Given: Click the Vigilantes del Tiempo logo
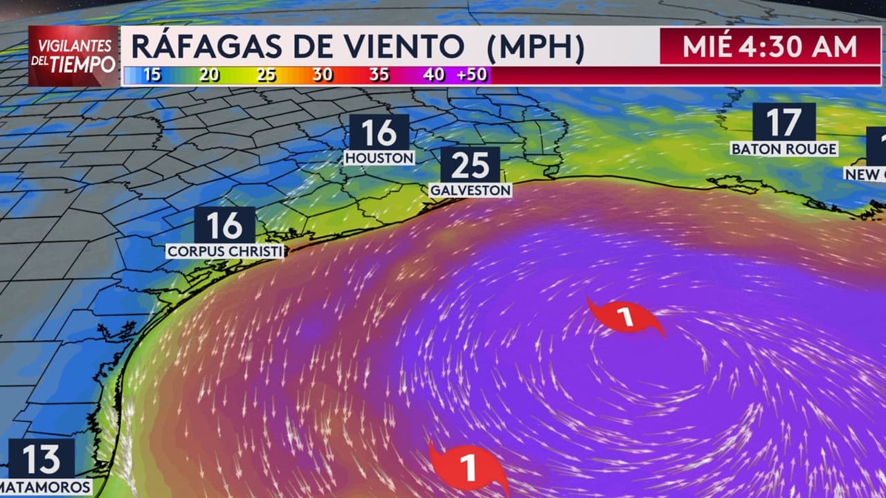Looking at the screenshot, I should click(74, 56).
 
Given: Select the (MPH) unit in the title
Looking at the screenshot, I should click(535, 47).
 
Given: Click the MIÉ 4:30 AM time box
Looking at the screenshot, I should click(769, 46).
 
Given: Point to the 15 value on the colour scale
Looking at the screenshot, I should click(152, 75).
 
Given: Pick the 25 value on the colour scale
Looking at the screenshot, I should click(266, 75).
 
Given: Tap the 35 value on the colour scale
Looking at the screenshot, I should click(379, 75).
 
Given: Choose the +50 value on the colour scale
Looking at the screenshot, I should click(472, 75).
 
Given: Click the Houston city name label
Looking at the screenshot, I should click(379, 158).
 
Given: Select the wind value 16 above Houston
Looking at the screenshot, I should click(379, 132).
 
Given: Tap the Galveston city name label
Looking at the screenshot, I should click(471, 190).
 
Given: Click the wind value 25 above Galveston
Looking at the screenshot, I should click(470, 165).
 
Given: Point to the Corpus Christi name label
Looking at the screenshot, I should click(225, 251).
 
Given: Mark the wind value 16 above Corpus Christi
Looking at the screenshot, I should click(224, 225).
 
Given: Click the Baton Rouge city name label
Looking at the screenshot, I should click(784, 149).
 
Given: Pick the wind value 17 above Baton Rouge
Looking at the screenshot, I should click(784, 122).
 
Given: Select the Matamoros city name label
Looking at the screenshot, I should click(46, 487).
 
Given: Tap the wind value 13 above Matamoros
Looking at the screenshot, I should click(42, 459).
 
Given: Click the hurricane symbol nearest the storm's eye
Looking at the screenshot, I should click(625, 317).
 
